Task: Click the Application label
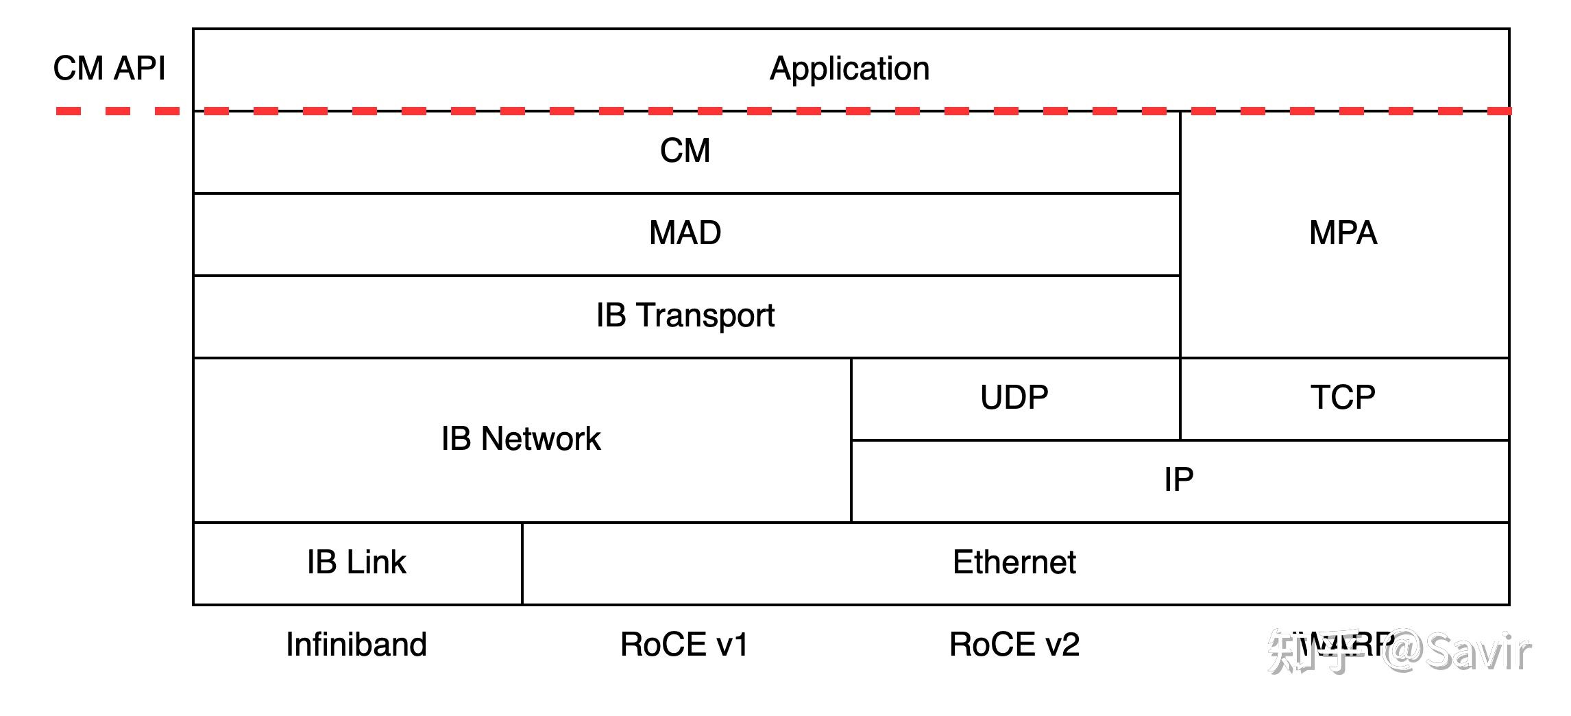(x=849, y=69)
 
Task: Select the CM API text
(x=109, y=69)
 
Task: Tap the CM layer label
(x=685, y=151)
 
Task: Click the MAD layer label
(x=685, y=233)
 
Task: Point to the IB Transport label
(x=685, y=315)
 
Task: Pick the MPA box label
(x=1343, y=233)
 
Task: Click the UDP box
(x=1014, y=398)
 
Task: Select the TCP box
(x=1343, y=398)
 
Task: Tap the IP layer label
(x=1178, y=479)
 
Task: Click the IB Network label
(x=521, y=439)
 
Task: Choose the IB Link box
(x=356, y=562)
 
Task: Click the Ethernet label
(x=1014, y=562)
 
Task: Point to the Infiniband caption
(x=356, y=645)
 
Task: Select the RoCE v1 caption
(x=684, y=645)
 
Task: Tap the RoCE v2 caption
(x=1014, y=645)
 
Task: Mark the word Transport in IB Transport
(x=706, y=315)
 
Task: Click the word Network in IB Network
(x=541, y=439)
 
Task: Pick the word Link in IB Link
(x=376, y=562)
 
